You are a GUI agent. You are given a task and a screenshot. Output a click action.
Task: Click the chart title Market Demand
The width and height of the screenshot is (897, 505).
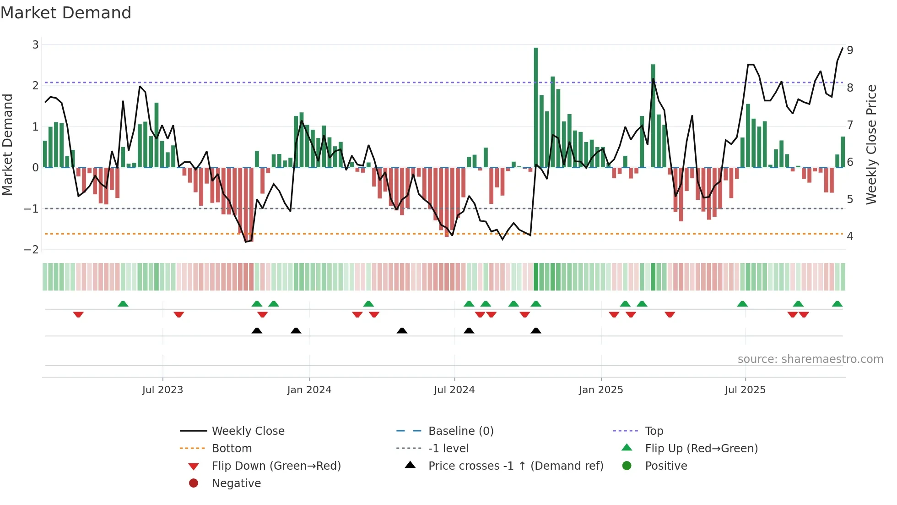pos(66,13)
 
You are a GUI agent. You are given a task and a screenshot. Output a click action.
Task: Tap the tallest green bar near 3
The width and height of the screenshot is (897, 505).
pos(536,107)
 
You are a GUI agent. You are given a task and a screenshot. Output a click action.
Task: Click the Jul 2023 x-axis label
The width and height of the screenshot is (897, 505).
pos(162,390)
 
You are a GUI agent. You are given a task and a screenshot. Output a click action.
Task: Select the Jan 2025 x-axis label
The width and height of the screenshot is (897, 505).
pos(601,390)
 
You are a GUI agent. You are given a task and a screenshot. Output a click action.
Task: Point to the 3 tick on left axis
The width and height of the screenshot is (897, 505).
pos(35,45)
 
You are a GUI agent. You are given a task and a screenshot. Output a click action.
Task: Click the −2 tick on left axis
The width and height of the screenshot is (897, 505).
pos(32,250)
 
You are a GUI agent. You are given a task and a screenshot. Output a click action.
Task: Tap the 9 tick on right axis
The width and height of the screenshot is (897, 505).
pos(850,50)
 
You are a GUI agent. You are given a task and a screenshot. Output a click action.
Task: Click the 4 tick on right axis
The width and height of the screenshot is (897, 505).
pos(850,236)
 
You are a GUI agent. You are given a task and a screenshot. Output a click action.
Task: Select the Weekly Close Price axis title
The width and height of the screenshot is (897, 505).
pos(871,144)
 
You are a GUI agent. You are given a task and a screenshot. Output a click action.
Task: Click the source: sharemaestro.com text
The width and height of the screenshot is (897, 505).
pos(810,359)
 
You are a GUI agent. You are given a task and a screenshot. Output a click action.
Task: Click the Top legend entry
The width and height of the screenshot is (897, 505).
pos(654,431)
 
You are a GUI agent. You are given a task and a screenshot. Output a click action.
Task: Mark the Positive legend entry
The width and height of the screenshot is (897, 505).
pos(666,466)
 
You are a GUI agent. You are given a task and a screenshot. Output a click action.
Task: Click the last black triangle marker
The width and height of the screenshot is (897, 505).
pos(536,330)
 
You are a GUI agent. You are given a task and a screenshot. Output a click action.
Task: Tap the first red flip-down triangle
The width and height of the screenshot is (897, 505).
pos(78,314)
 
